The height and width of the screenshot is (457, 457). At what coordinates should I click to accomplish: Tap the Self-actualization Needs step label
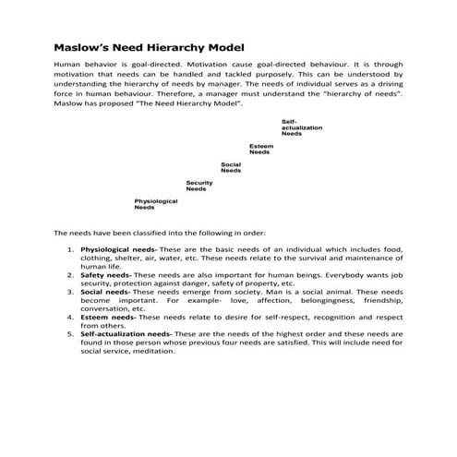click(293, 127)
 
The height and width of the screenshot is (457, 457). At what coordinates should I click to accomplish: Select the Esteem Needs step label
click(260, 149)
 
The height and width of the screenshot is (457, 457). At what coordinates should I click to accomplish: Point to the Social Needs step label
click(231, 167)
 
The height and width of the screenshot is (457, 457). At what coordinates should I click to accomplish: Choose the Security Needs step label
click(199, 186)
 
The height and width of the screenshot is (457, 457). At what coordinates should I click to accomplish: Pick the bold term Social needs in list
click(104, 292)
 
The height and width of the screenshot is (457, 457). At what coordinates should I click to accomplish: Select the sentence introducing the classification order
click(160, 233)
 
